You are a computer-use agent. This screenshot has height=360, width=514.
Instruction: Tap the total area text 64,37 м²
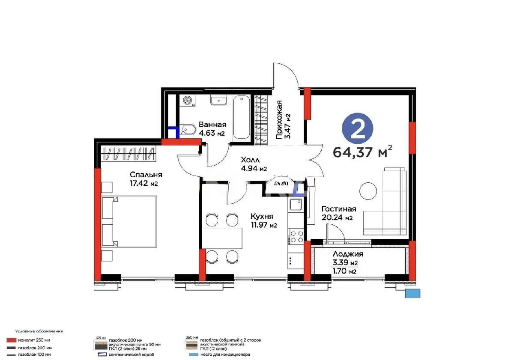362,152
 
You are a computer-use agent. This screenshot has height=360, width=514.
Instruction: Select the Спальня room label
146,179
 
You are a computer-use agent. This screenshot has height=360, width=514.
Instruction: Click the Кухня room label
262,221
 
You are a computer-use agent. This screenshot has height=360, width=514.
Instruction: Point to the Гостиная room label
338,213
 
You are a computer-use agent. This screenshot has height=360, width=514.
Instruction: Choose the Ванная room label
212,129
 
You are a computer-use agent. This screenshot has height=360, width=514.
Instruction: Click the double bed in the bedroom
129,221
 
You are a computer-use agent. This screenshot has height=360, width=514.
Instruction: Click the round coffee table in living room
368,189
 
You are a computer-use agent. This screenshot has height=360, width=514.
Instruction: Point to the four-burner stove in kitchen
296,237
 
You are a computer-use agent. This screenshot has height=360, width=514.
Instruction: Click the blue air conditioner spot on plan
413,293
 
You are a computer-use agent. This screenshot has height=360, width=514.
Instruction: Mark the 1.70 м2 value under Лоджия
345,271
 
